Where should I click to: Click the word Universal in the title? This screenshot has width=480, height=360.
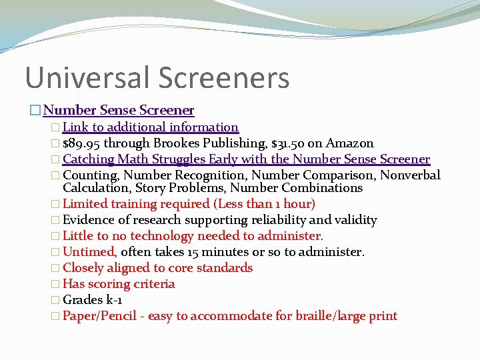coord(87,77)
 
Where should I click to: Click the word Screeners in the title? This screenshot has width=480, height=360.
coord(224,77)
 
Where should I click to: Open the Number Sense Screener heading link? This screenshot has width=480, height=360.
coord(119,110)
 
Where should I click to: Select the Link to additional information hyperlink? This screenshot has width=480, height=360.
coord(151,127)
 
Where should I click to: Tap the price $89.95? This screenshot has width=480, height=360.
coord(82,143)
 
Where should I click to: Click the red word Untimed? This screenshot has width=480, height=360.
coord(90,252)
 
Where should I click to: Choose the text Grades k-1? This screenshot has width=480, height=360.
coord(92,300)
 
